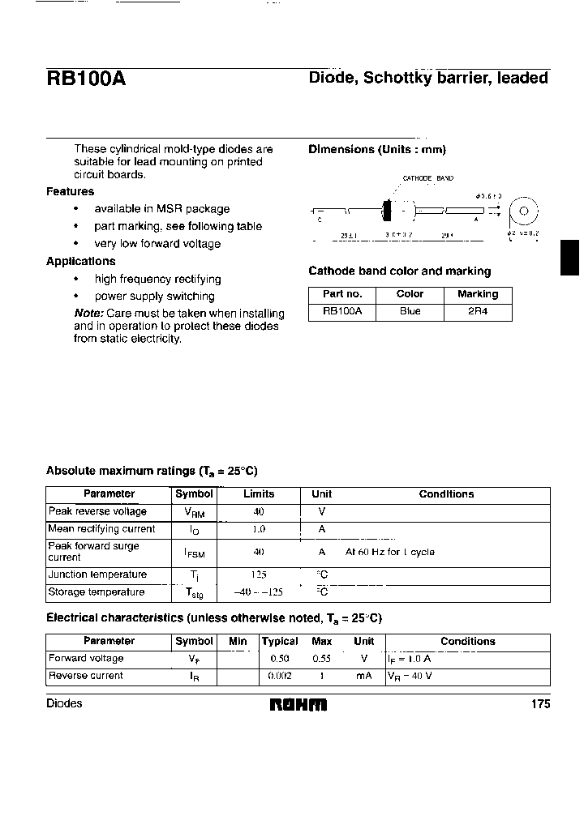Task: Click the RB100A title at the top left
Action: pyautogui.click(x=85, y=79)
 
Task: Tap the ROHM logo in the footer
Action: pyautogui.click(x=298, y=704)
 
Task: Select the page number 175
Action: pyautogui.click(x=540, y=704)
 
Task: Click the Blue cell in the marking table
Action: pyautogui.click(x=410, y=312)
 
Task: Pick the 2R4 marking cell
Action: pyautogui.click(x=478, y=312)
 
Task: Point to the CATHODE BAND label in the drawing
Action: pyautogui.click(x=428, y=178)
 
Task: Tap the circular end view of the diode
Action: pyautogui.click(x=524, y=211)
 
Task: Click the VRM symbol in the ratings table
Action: pyautogui.click(x=194, y=513)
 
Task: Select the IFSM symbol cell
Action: pyautogui.click(x=194, y=553)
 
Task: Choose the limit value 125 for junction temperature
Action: pyautogui.click(x=258, y=574)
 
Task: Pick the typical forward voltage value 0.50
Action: pyautogui.click(x=280, y=659)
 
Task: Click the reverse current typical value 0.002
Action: pyautogui.click(x=280, y=676)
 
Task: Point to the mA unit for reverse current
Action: pyautogui.click(x=363, y=676)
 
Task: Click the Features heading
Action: pyautogui.click(x=70, y=192)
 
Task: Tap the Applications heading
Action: pyautogui.click(x=80, y=262)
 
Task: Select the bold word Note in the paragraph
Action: pyautogui.click(x=88, y=314)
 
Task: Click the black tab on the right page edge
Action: pyautogui.click(x=570, y=259)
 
